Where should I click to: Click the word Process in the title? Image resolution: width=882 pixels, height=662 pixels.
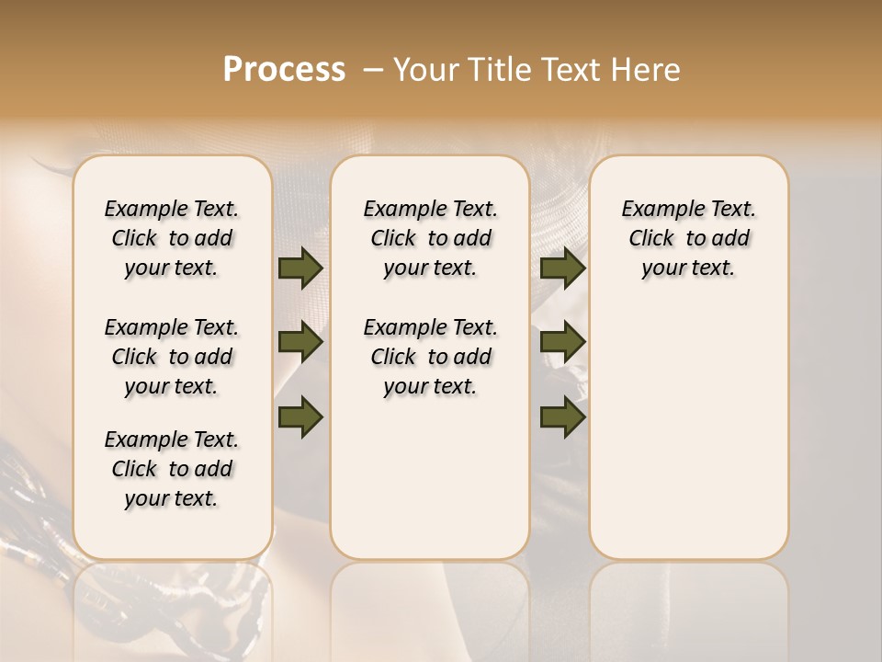tap(284, 70)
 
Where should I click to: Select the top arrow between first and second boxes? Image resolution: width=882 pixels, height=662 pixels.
tap(300, 268)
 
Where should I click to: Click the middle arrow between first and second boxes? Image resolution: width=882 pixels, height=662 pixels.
tap(300, 343)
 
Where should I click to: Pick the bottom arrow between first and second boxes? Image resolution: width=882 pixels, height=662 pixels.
tap(300, 417)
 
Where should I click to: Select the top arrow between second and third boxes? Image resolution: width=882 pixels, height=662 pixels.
tap(563, 268)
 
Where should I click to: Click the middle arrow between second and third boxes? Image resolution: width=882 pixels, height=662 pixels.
tap(563, 343)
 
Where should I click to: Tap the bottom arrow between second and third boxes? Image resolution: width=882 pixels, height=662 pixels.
tap(563, 417)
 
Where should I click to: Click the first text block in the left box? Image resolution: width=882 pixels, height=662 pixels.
tap(172, 238)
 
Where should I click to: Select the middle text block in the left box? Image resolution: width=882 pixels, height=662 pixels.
tap(172, 357)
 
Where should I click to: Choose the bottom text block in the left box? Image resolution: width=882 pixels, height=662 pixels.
tap(172, 469)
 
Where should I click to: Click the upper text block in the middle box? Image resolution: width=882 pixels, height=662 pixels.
tap(430, 238)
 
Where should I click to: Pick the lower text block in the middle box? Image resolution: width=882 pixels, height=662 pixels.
tap(430, 357)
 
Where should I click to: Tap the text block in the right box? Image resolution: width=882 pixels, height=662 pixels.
tap(688, 238)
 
